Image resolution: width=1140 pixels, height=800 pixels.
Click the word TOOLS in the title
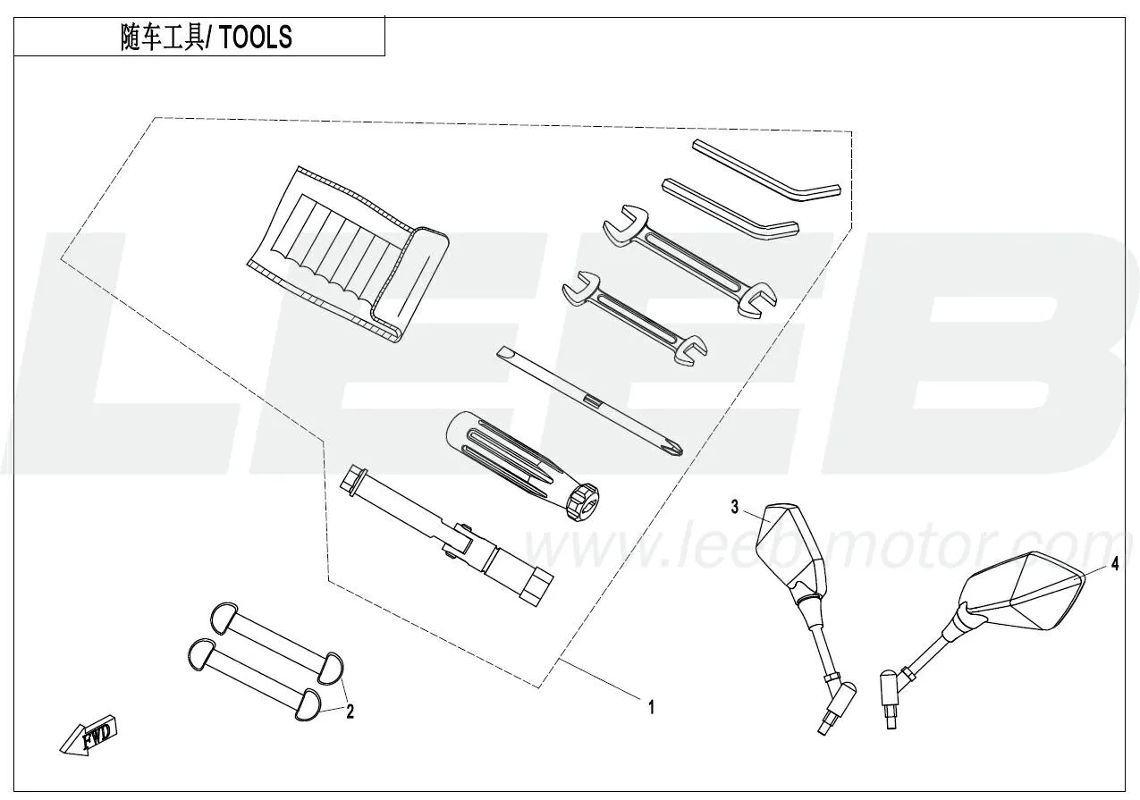257,38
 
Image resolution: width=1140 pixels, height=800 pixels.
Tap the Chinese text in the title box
162,38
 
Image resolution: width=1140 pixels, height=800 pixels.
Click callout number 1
651,707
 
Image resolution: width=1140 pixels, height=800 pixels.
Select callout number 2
350,711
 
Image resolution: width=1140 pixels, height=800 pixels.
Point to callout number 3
734,508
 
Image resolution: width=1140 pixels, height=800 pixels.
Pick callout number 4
1115,564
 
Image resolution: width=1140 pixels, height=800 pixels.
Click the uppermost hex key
767,172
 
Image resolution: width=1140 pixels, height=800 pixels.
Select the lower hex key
730,207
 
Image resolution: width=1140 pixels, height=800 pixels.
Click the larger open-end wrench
690,261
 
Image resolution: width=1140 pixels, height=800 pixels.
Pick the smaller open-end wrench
635,318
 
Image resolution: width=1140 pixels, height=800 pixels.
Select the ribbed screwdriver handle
522,465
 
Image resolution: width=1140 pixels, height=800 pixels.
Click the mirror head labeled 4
1019,592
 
